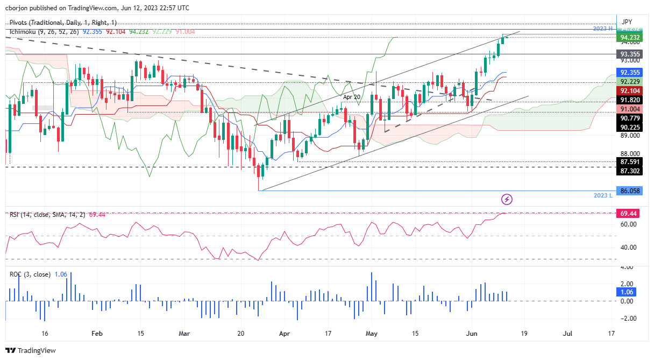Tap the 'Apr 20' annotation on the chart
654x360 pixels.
coord(351,97)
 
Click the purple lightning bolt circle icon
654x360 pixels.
coord(507,200)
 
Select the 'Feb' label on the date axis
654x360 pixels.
coord(97,334)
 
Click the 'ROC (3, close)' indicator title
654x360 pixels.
coord(30,274)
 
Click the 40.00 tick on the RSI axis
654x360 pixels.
coord(627,248)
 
